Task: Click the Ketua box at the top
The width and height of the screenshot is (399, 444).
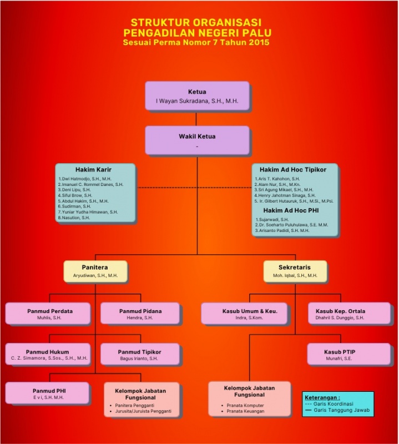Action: (x=197, y=96)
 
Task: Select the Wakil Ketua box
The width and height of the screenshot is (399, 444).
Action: (x=197, y=140)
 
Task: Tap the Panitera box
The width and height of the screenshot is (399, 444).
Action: (x=95, y=271)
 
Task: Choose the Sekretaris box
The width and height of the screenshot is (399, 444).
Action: (x=294, y=271)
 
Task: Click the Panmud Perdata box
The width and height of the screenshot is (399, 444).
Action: (x=50, y=314)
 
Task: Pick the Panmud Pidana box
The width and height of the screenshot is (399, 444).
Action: (x=140, y=314)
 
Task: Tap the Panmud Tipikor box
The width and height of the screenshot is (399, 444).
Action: (x=140, y=355)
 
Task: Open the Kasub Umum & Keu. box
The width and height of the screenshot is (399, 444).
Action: (x=246, y=314)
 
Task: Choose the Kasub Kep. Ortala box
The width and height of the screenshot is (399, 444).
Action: (x=349, y=314)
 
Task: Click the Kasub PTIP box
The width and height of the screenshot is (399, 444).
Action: (x=349, y=355)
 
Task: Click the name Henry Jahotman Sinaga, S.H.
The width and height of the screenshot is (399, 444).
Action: (x=286, y=195)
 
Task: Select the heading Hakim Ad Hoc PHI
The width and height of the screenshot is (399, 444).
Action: (x=294, y=211)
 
